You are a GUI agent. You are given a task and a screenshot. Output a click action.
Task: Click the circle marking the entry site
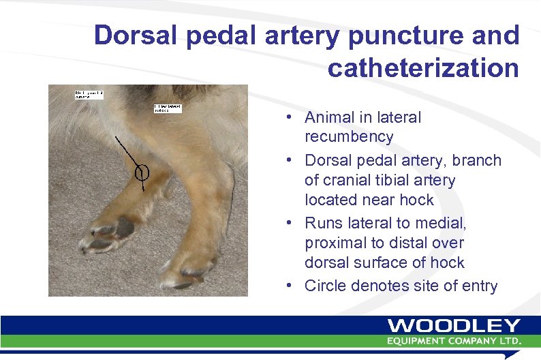tap(142, 172)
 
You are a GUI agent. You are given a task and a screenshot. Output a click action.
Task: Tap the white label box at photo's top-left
tap(89, 95)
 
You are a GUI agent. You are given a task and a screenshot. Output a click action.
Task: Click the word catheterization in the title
tap(423, 68)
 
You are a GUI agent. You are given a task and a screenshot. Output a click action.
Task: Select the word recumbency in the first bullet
tap(349, 136)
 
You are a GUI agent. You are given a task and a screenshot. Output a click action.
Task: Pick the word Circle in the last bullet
tap(326, 286)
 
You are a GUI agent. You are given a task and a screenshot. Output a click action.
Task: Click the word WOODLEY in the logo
tap(454, 327)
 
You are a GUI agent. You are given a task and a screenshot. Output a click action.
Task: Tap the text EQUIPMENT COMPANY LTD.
tap(454, 340)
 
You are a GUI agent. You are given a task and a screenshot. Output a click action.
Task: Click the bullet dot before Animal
tap(290, 117)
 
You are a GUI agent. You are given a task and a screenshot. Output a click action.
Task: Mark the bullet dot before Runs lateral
tap(290, 223)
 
